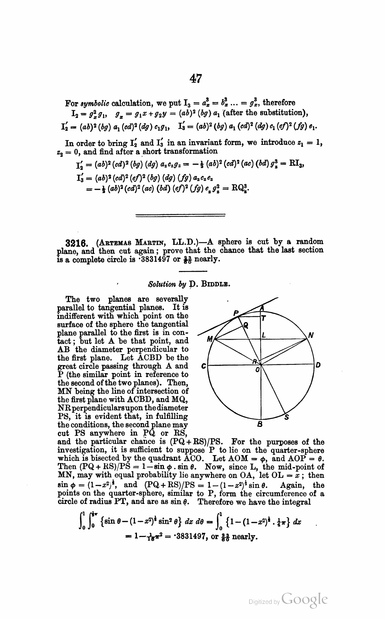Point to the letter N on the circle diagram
[x=311, y=335]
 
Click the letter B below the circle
[x=259, y=423]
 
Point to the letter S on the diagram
[x=286, y=417]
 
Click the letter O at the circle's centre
[x=258, y=369]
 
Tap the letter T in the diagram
[x=264, y=318]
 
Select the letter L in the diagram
[x=263, y=335]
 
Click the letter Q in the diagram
[x=246, y=325]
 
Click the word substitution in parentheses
[x=283, y=113]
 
